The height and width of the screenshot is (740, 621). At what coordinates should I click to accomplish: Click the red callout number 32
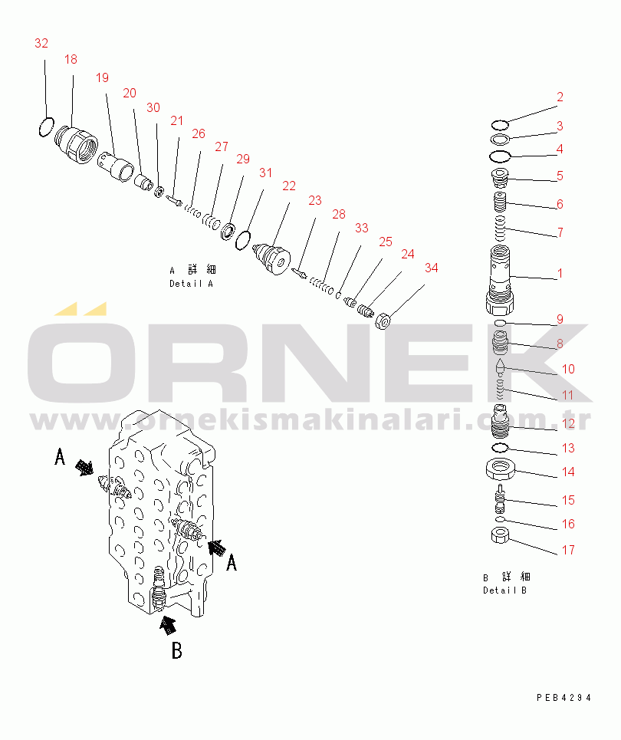(x=41, y=44)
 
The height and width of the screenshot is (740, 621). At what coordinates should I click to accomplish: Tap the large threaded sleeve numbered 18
(x=76, y=144)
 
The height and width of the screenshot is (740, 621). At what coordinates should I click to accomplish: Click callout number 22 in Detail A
(x=289, y=186)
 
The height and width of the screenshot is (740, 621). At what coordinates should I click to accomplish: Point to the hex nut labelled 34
(x=383, y=322)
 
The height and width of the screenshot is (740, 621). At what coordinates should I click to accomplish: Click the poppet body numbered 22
(x=271, y=259)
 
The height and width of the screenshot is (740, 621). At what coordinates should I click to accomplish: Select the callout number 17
(x=568, y=550)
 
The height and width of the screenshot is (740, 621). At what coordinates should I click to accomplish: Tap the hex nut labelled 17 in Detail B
(x=500, y=536)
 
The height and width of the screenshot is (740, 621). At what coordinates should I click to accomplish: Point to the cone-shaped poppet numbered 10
(x=500, y=367)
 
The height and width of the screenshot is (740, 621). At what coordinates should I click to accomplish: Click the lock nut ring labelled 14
(x=500, y=469)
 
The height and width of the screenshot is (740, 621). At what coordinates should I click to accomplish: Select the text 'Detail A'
(x=191, y=284)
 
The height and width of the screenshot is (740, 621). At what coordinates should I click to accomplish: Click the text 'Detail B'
(x=504, y=590)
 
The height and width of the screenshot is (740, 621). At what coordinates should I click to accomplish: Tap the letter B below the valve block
(x=177, y=650)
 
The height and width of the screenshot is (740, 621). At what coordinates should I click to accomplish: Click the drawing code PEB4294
(x=564, y=698)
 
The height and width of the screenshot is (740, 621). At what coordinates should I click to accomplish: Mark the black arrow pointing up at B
(x=168, y=625)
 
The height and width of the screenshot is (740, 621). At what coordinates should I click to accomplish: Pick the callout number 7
(x=560, y=232)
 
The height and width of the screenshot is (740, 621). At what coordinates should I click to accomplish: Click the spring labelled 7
(x=500, y=228)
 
